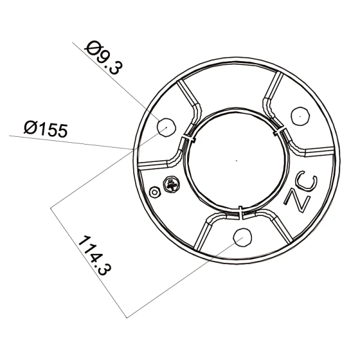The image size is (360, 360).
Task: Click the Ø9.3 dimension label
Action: pyautogui.click(x=104, y=58)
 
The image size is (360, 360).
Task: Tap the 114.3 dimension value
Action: pyautogui.click(x=95, y=256)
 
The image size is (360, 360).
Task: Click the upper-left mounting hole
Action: pyautogui.click(x=166, y=127)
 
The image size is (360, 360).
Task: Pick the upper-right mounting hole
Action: pyautogui.click(x=300, y=116)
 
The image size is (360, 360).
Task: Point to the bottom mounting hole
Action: pyautogui.click(x=242, y=238)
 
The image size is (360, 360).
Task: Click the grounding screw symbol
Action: pyautogui.click(x=171, y=184)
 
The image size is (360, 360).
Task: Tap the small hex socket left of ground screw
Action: pyautogui.click(x=155, y=192)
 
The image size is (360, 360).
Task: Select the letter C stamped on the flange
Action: pyautogui.click(x=307, y=181)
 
